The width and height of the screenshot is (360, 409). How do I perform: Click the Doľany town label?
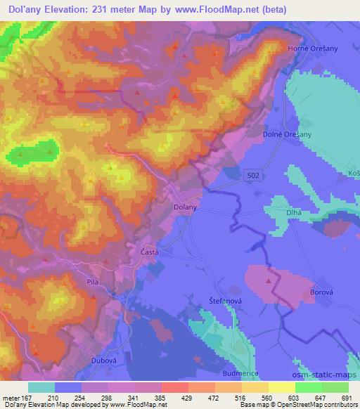coord(184,208)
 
